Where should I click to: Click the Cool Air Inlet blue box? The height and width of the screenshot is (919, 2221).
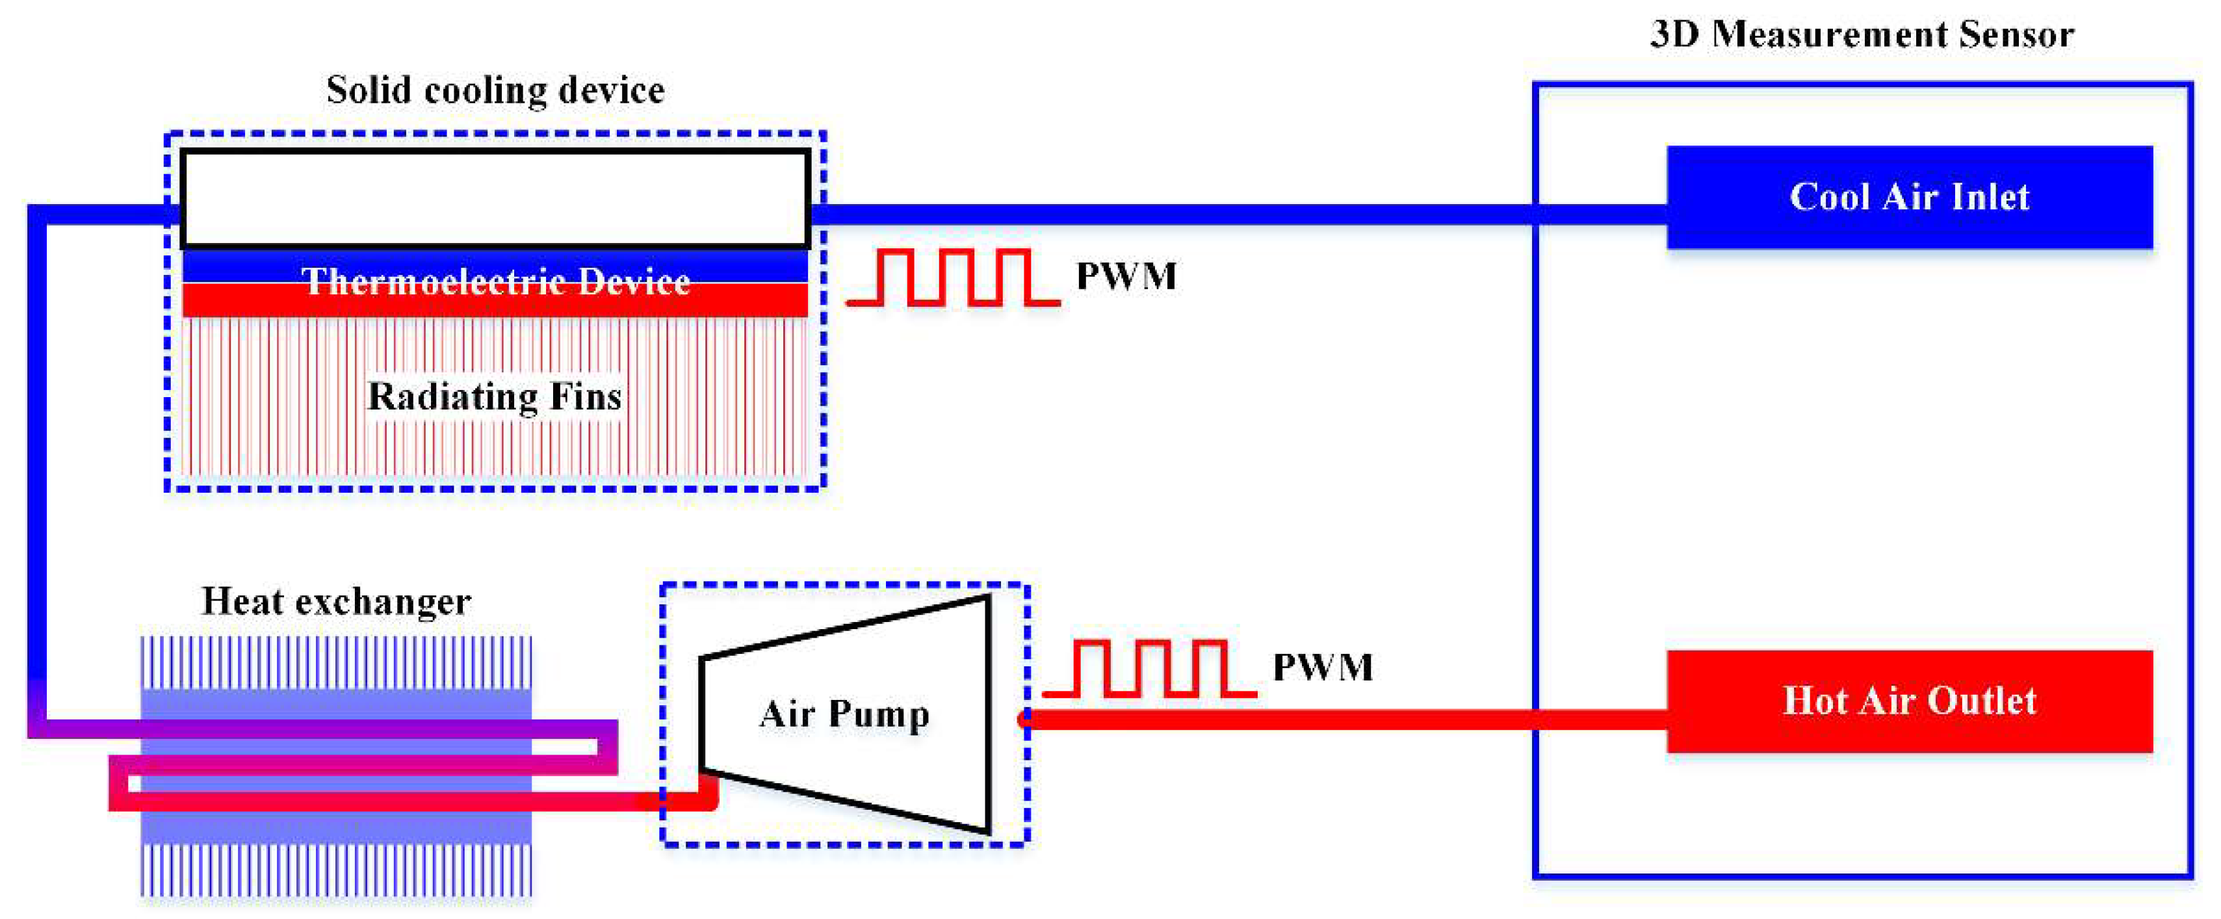[1909, 198]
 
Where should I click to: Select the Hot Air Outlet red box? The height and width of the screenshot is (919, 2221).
[1909, 701]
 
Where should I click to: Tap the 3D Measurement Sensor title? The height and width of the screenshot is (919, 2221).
[1862, 34]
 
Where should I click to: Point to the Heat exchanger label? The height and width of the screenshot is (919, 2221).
[335, 601]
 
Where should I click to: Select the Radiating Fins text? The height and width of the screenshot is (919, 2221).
[494, 396]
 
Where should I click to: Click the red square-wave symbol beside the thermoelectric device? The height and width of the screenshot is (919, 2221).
[954, 278]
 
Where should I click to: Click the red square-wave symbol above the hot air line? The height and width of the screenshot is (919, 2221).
[1149, 668]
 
